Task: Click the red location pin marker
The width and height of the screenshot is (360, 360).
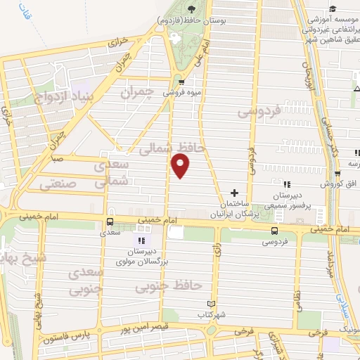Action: [181, 165]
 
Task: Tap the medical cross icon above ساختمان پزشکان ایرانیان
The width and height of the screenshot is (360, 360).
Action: [234, 193]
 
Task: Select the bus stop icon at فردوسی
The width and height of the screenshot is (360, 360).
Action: [274, 230]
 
